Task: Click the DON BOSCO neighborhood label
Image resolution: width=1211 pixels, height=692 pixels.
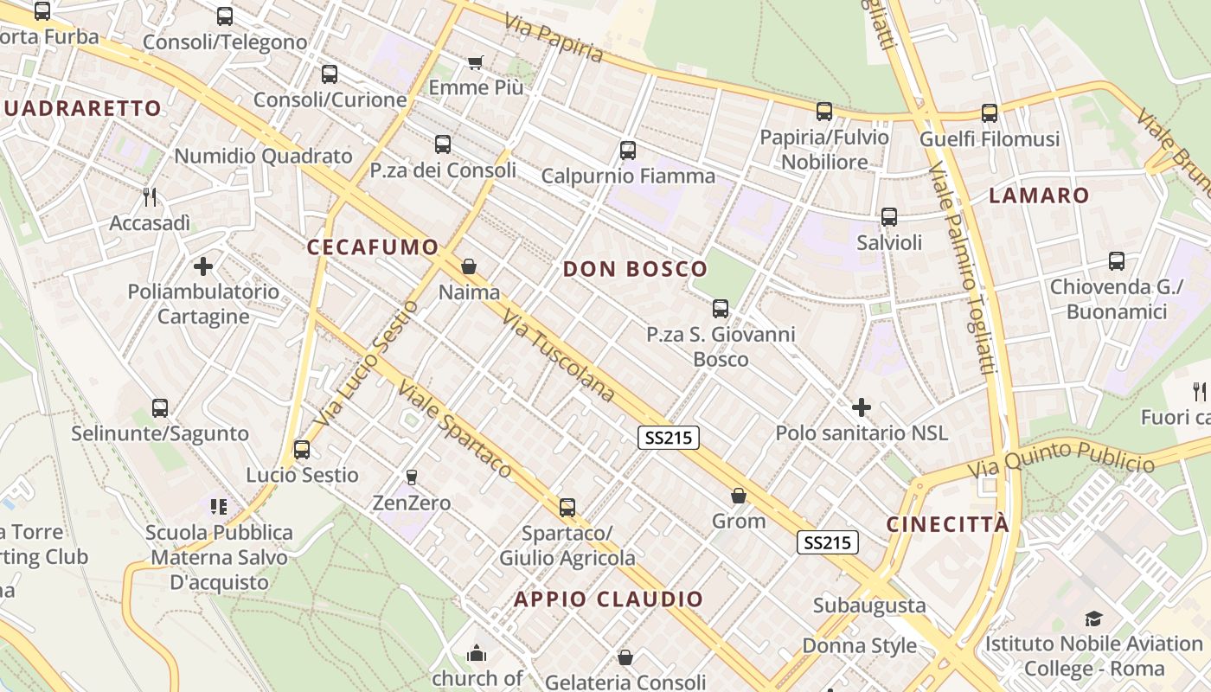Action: (x=635, y=269)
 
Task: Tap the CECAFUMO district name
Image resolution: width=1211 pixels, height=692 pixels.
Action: (x=373, y=247)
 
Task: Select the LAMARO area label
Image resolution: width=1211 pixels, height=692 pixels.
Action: (x=1039, y=195)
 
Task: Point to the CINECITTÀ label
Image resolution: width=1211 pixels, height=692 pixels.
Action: (x=948, y=524)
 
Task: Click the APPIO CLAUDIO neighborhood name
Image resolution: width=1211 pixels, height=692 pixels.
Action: (x=609, y=599)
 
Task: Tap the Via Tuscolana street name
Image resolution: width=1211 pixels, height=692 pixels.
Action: (x=558, y=356)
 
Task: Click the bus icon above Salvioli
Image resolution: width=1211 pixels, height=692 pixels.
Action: (x=889, y=217)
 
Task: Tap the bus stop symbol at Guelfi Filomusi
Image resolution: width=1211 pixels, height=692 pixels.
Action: (x=990, y=112)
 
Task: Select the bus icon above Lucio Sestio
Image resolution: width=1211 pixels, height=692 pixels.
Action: (x=302, y=450)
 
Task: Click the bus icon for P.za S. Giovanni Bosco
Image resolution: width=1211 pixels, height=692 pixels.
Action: (x=721, y=308)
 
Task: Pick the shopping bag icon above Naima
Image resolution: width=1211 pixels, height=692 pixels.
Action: (x=469, y=266)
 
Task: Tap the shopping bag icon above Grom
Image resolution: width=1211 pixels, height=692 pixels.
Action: (x=739, y=496)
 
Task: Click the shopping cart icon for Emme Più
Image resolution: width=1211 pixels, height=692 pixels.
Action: (x=475, y=62)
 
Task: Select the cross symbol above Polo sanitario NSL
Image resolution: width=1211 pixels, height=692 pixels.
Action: (x=862, y=407)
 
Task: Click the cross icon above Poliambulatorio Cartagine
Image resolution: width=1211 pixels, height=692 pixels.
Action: (x=203, y=266)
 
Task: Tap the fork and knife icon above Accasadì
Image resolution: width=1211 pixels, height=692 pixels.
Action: (x=150, y=197)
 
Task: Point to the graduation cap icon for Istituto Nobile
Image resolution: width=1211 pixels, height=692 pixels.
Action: (x=1094, y=618)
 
